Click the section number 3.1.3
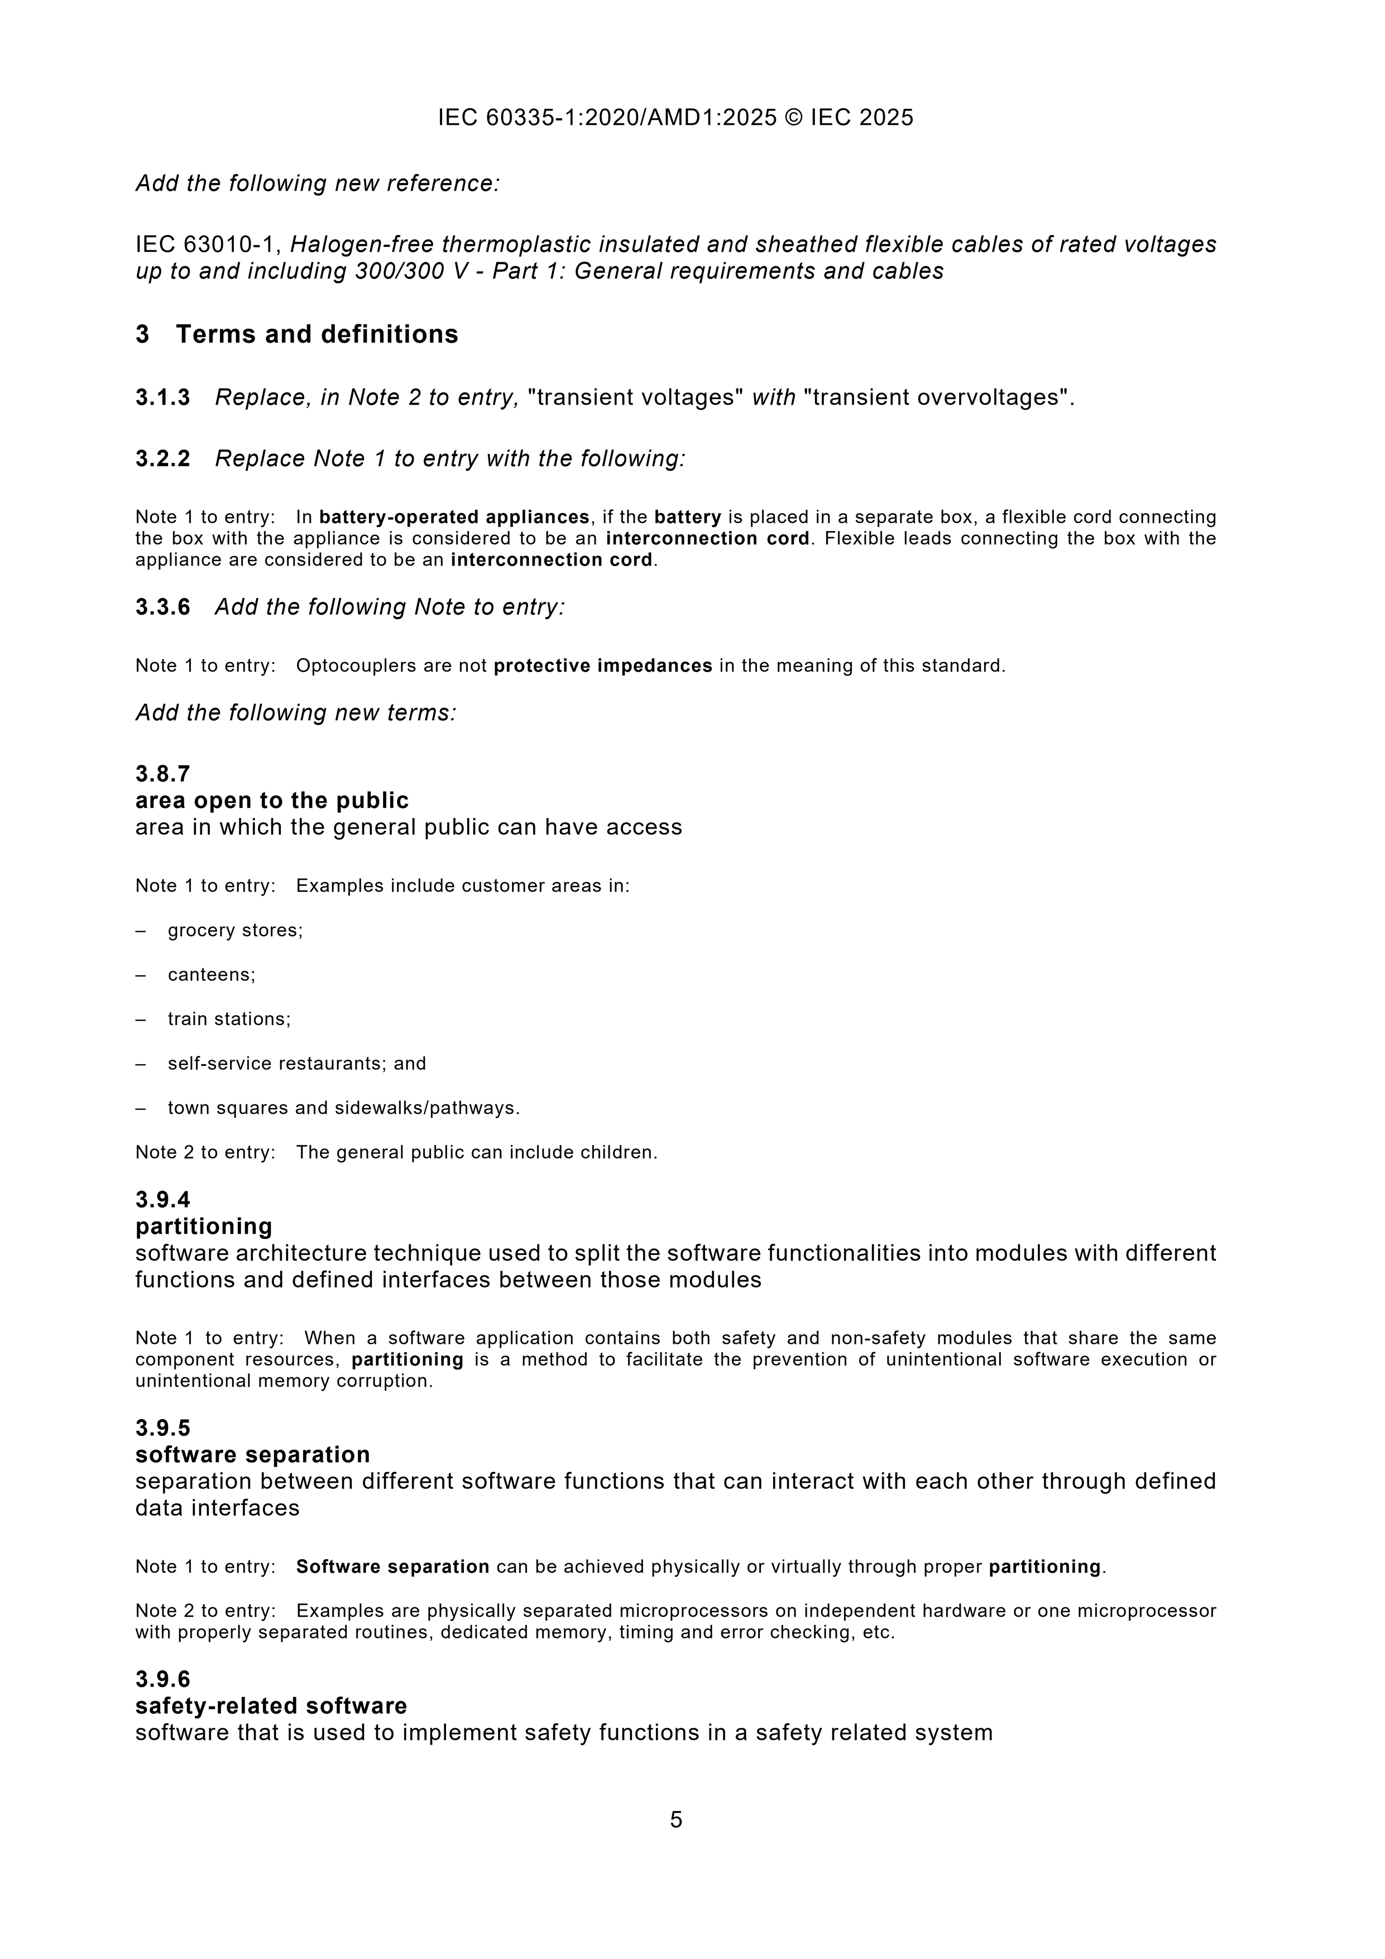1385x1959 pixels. click(x=162, y=397)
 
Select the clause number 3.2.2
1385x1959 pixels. click(x=162, y=459)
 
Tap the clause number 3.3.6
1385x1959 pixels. click(x=162, y=607)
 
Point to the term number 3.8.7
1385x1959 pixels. click(x=162, y=774)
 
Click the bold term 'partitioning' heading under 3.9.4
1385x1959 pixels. click(x=204, y=1226)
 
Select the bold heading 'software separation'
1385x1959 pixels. click(x=252, y=1454)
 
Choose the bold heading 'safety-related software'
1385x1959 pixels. click(x=271, y=1706)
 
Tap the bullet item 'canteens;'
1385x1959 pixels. click(x=212, y=974)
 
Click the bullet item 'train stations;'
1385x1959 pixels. click(x=229, y=1019)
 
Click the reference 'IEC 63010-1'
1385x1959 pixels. click(x=207, y=245)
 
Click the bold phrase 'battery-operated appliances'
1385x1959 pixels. click(x=454, y=517)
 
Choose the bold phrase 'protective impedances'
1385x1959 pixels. click(x=602, y=665)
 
